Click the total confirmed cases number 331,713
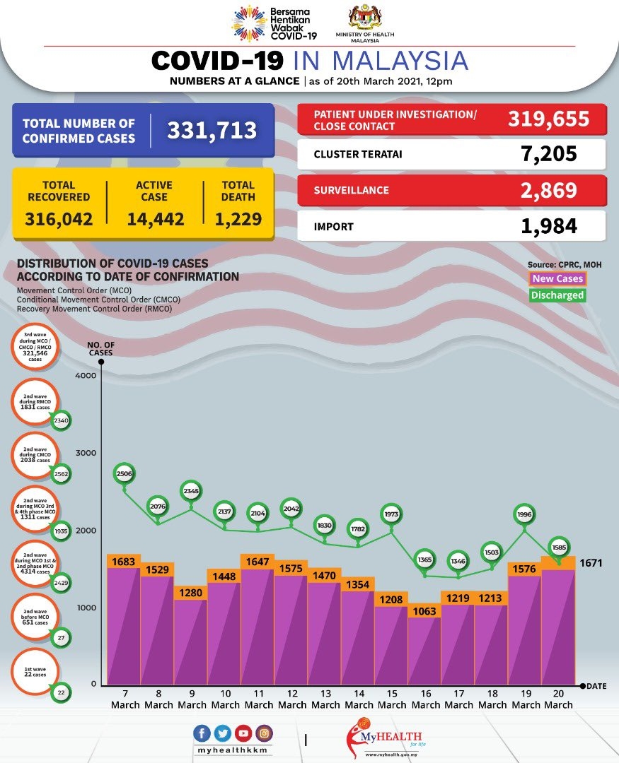pyautogui.click(x=212, y=131)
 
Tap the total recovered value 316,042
pyautogui.click(x=59, y=219)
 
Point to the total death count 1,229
pyautogui.click(x=237, y=219)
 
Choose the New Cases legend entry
pyautogui.click(x=557, y=279)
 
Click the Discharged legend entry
pyautogui.click(x=557, y=295)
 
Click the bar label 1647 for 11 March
pyautogui.click(x=258, y=563)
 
